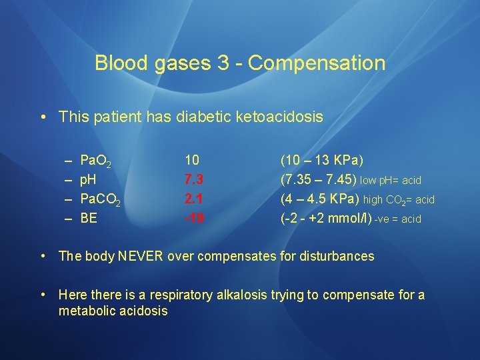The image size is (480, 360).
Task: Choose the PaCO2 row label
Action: click(100, 199)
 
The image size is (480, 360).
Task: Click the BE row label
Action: click(88, 218)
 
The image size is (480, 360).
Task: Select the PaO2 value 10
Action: click(191, 161)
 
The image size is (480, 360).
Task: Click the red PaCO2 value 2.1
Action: click(193, 199)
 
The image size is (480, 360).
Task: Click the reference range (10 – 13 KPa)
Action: click(322, 161)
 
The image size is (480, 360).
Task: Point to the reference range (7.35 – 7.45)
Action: click(318, 180)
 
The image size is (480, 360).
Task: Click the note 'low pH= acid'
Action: click(391, 181)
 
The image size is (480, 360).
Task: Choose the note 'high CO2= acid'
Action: click(399, 200)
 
